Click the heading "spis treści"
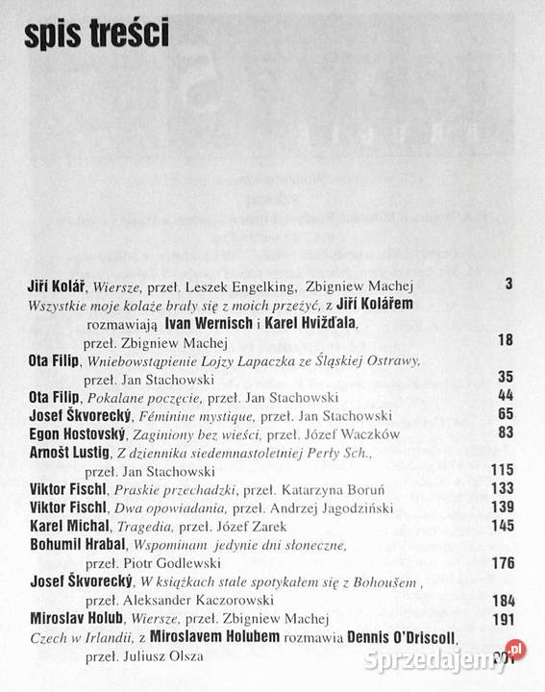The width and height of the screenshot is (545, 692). [x=92, y=35]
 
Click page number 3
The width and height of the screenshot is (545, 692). [x=508, y=284]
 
